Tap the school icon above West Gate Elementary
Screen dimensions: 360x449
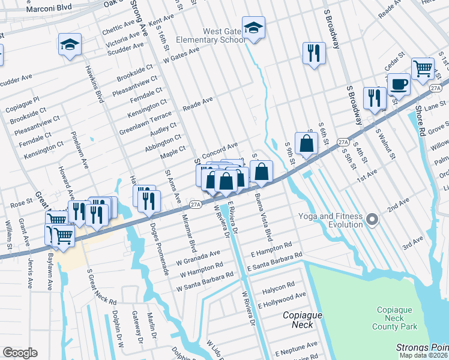(x=253, y=28)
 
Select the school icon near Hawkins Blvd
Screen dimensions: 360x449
(x=70, y=44)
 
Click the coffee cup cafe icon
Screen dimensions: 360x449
(x=398, y=85)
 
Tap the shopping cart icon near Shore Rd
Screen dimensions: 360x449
(x=423, y=69)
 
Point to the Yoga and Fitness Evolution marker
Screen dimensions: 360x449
(x=372, y=220)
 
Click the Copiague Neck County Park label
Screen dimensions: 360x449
(x=394, y=318)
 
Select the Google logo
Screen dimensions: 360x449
(x=20, y=353)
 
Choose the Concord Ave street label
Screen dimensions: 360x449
(x=220, y=148)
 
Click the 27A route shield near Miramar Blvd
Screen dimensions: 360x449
(x=196, y=205)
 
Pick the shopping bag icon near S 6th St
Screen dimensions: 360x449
(x=306, y=144)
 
